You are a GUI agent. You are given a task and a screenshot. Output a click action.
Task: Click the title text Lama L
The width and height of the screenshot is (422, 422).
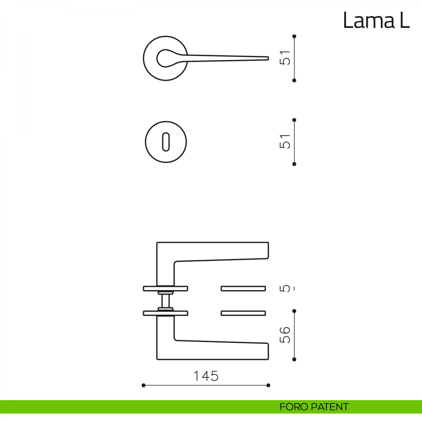(x=376, y=20)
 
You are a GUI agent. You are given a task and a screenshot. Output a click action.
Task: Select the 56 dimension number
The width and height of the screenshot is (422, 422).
(x=285, y=335)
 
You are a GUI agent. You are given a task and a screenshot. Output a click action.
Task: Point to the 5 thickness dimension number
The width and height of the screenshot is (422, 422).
(x=285, y=289)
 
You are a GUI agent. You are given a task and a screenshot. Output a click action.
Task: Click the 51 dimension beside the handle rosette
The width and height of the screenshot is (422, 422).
(x=285, y=58)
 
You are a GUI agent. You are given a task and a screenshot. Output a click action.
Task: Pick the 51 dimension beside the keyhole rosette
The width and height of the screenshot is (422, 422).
(x=285, y=141)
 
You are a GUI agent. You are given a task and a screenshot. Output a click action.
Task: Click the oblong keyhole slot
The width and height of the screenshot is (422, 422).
(x=166, y=142)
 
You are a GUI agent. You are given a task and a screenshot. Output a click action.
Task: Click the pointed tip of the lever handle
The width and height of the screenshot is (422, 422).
(x=268, y=58)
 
